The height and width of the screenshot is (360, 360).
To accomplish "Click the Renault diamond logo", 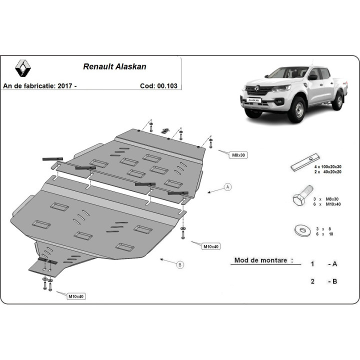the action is click(23, 68).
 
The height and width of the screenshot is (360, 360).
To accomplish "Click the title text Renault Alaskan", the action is click(114, 66).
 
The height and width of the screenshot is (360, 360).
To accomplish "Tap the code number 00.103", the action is click(167, 86).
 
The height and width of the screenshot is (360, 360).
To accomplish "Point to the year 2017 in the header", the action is click(65, 86).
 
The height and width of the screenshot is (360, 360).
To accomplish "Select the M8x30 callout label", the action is click(238, 155).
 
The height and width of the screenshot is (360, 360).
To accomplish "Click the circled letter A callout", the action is click(228, 187).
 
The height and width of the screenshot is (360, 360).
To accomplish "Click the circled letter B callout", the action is click(180, 264).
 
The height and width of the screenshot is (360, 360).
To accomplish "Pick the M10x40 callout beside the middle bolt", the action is click(211, 246).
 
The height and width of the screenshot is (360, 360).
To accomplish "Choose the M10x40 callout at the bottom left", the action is click(76, 296).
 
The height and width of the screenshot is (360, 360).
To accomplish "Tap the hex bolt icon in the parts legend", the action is click(302, 196).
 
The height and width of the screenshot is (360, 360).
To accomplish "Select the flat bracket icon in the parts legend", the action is click(305, 162).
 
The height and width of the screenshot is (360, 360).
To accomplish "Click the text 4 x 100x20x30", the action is click(327, 166).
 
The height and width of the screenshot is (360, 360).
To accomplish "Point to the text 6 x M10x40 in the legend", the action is click(327, 204).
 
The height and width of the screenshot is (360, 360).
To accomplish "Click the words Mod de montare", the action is click(260, 260).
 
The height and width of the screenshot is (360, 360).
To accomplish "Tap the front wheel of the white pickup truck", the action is click(298, 109).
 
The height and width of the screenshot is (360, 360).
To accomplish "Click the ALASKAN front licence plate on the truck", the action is click(253, 100).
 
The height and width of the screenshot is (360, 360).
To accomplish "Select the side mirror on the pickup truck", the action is click(312, 77).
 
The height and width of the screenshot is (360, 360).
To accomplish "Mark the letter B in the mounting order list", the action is click(334, 281).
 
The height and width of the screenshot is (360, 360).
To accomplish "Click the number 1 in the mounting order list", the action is click(312, 264).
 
